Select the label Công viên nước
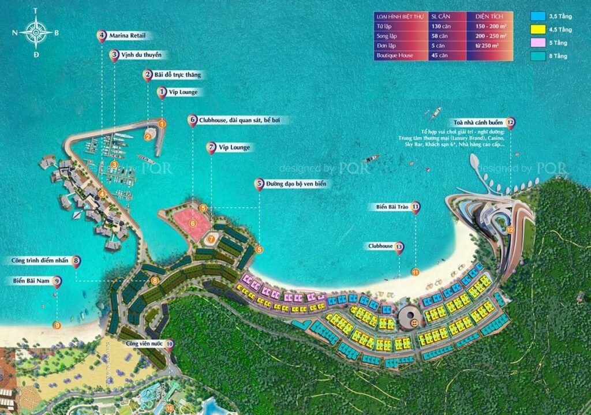144,343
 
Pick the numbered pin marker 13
399,247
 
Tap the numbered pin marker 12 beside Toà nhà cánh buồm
510,122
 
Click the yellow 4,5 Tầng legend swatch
539,29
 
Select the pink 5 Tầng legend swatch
539,42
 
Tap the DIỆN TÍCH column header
489,16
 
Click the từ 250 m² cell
489,46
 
